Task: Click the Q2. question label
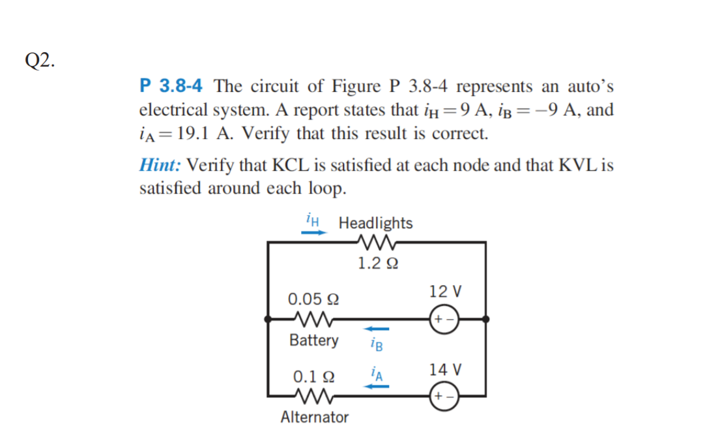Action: coord(41,60)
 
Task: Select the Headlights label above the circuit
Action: coord(375,223)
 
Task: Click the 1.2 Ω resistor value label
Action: coord(378,264)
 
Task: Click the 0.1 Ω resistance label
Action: coord(314,376)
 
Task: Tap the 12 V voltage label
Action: coord(446,291)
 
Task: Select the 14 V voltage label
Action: coord(446,370)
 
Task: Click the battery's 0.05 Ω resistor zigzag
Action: coord(314,319)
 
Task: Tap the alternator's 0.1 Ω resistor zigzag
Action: coord(314,396)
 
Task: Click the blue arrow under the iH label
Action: coord(313,232)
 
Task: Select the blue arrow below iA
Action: coord(376,386)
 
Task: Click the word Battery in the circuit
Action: coord(314,340)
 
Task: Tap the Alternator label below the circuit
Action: coord(315,417)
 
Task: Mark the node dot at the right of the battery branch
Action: coord(486,319)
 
